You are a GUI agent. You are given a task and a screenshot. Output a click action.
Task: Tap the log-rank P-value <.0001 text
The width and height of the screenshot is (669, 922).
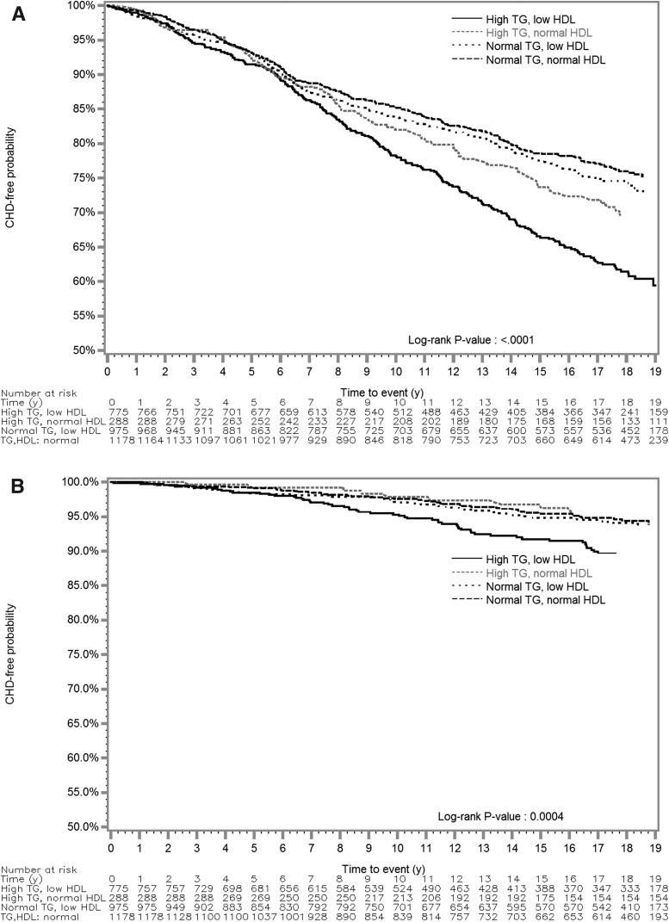466,340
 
